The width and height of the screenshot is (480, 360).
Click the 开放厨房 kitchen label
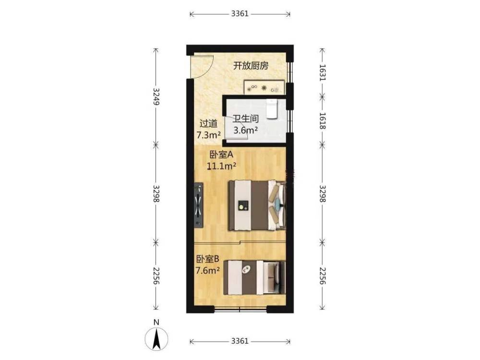click(x=251, y=65)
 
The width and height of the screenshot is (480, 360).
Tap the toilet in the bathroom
click(x=271, y=108)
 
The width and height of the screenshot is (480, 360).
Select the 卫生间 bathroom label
click(x=245, y=119)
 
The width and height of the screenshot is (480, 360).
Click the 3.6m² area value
click(x=245, y=130)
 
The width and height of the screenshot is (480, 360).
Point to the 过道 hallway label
click(x=208, y=123)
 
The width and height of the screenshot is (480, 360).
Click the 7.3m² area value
click(x=208, y=135)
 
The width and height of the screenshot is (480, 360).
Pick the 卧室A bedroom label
click(x=221, y=155)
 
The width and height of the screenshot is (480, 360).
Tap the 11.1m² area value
click(x=221, y=166)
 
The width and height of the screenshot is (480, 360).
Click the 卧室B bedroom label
click(x=207, y=259)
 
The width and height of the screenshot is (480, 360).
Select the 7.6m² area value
click(x=207, y=271)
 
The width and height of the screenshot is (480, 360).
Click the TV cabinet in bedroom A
click(x=199, y=205)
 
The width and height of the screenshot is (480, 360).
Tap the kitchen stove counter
click(x=264, y=87)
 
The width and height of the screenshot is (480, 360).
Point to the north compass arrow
click(x=156, y=339)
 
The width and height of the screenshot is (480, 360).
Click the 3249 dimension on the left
click(x=156, y=96)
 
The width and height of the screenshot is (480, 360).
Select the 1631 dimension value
click(x=323, y=72)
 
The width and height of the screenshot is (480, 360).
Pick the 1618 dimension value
click(x=323, y=120)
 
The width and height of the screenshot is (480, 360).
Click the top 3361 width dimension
click(x=240, y=14)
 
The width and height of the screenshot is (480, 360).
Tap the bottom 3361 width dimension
click(x=240, y=341)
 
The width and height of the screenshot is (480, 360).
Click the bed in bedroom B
click(x=254, y=277)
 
